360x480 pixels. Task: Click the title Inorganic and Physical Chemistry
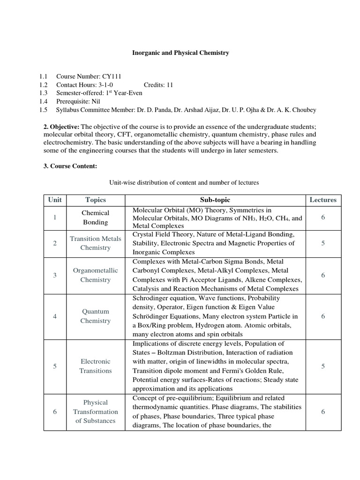tap(180, 53)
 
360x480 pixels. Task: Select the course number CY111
tap(103, 76)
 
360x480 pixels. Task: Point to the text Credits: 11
tap(158, 85)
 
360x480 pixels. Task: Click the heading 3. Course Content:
tap(70, 165)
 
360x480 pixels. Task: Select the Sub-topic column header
tap(215, 200)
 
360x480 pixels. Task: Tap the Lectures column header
tap(323, 200)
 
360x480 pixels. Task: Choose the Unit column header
tap(55, 200)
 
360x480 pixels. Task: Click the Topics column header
tap(96, 200)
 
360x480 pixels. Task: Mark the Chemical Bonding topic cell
tap(96, 217)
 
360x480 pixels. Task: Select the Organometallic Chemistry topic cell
tap(96, 275)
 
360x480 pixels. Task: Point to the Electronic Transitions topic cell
tap(96, 366)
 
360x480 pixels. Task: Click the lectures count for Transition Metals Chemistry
tap(323, 243)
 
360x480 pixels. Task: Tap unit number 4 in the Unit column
tap(55, 316)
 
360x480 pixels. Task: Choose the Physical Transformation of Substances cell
tap(96, 411)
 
